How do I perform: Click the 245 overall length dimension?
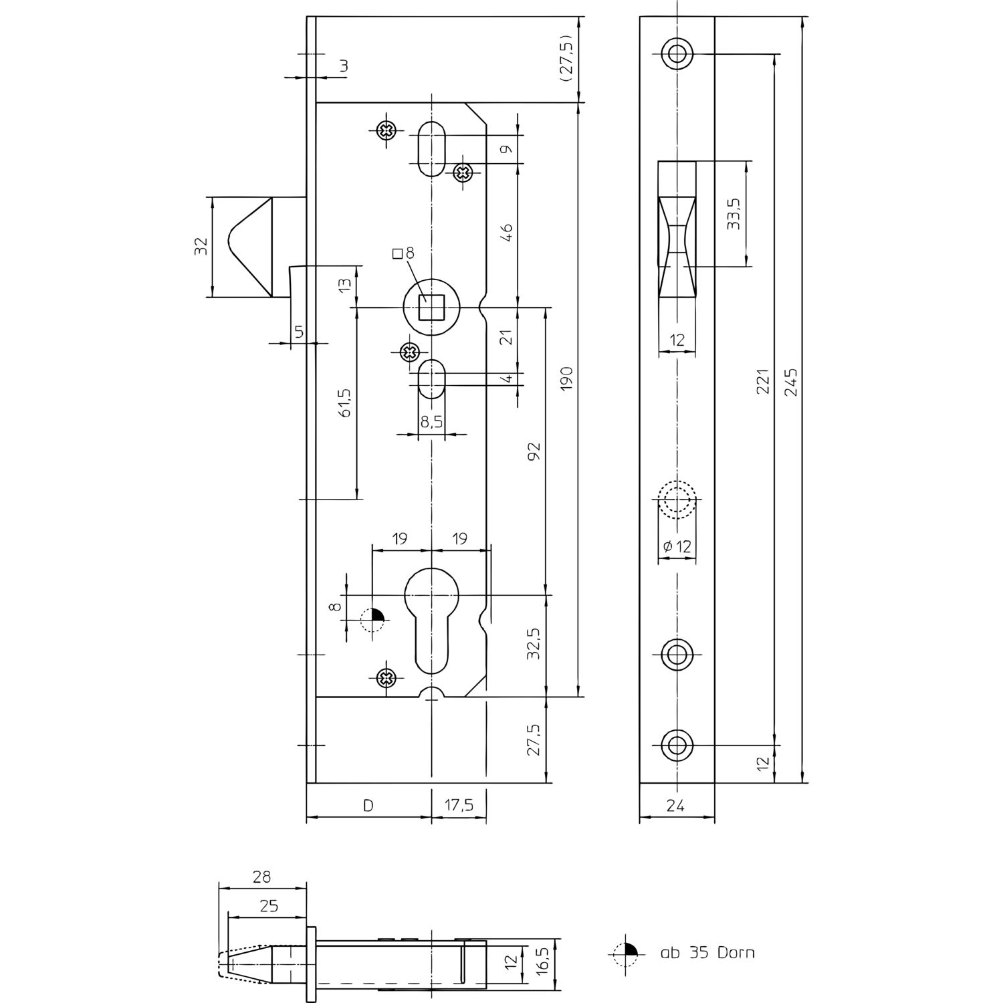coord(791,382)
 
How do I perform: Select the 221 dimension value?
coord(762,382)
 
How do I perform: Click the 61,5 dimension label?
coord(345,402)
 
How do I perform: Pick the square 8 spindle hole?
coord(431,308)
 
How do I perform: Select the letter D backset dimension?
coord(368,806)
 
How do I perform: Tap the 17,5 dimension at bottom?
coord(459,806)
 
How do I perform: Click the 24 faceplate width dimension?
coord(676,806)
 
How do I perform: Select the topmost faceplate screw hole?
coord(677,53)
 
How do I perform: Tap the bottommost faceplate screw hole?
coord(677,744)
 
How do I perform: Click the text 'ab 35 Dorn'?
coord(707,953)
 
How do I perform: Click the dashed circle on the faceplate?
coord(677,499)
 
